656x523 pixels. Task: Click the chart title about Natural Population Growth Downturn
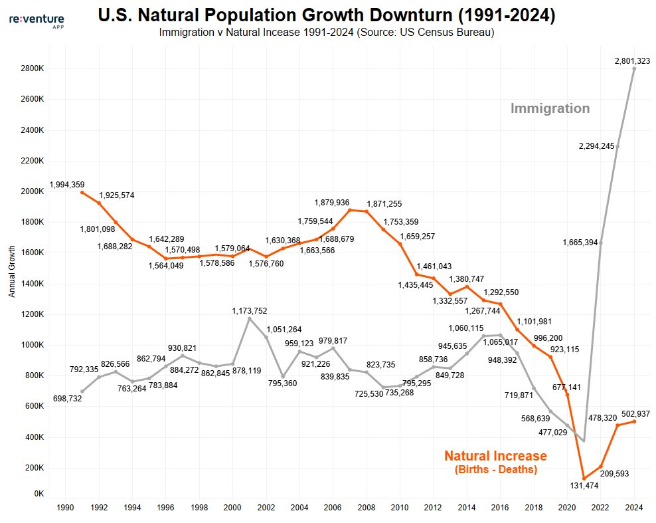click(x=326, y=15)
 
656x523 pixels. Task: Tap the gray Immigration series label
click(x=550, y=108)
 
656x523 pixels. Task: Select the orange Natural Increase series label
click(x=495, y=456)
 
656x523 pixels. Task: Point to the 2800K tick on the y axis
click(x=31, y=68)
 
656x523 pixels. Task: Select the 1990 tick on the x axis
click(x=65, y=508)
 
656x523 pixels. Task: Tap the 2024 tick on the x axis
click(x=634, y=508)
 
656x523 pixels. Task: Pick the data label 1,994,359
click(x=68, y=184)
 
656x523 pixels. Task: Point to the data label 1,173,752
click(x=250, y=310)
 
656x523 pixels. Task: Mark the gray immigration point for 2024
click(x=634, y=68)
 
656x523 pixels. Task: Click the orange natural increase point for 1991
click(x=82, y=193)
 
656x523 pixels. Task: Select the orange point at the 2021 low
click(x=584, y=478)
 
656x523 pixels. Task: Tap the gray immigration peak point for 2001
click(x=250, y=319)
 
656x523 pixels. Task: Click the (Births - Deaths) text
click(x=495, y=470)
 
